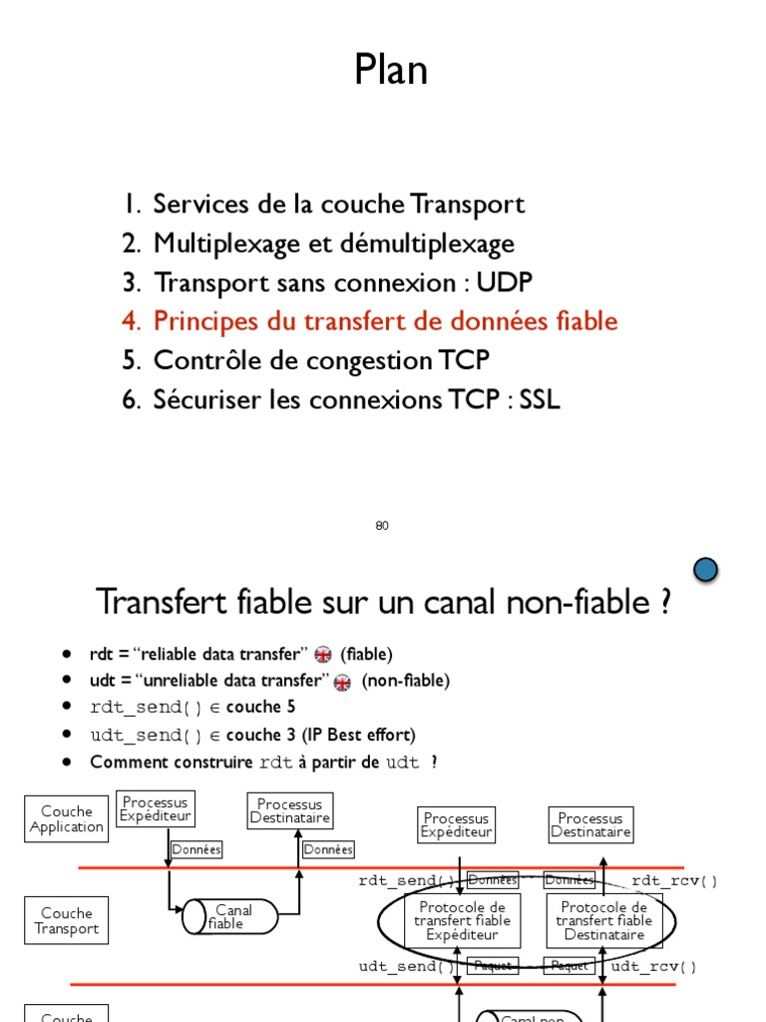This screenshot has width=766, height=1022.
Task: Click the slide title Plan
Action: [x=391, y=71]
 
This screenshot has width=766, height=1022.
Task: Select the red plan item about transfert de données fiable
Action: [x=385, y=321]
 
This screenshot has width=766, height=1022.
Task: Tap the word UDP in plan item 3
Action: [x=505, y=282]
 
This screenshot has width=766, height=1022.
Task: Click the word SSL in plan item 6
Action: [x=540, y=400]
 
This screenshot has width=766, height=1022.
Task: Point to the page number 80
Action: [x=382, y=526]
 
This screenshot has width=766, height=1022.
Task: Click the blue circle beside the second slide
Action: [x=705, y=570]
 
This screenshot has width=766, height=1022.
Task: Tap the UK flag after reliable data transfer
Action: [x=322, y=655]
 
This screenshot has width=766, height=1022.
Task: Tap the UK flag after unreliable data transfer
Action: [x=342, y=682]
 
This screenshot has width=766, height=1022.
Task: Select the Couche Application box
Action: [x=66, y=819]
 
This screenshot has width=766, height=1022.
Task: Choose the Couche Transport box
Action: [x=66, y=921]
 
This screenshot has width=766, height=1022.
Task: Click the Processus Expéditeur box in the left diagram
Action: [x=155, y=809]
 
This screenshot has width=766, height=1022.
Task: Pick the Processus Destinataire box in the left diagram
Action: [x=289, y=811]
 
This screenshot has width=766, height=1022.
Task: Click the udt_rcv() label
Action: [x=654, y=967]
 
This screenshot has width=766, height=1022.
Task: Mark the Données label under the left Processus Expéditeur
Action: [x=195, y=849]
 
